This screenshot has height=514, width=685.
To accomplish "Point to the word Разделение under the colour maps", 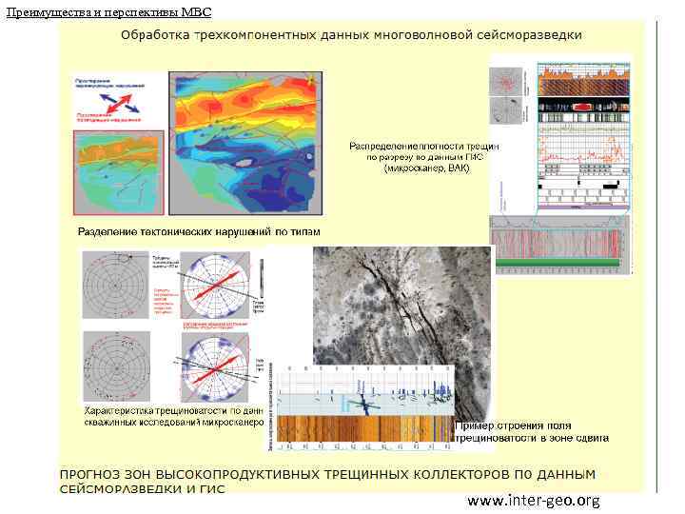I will click(113, 232).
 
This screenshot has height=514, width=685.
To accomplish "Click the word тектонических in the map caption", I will click(185, 232).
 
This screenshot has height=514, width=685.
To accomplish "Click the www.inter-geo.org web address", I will click(533, 501).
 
